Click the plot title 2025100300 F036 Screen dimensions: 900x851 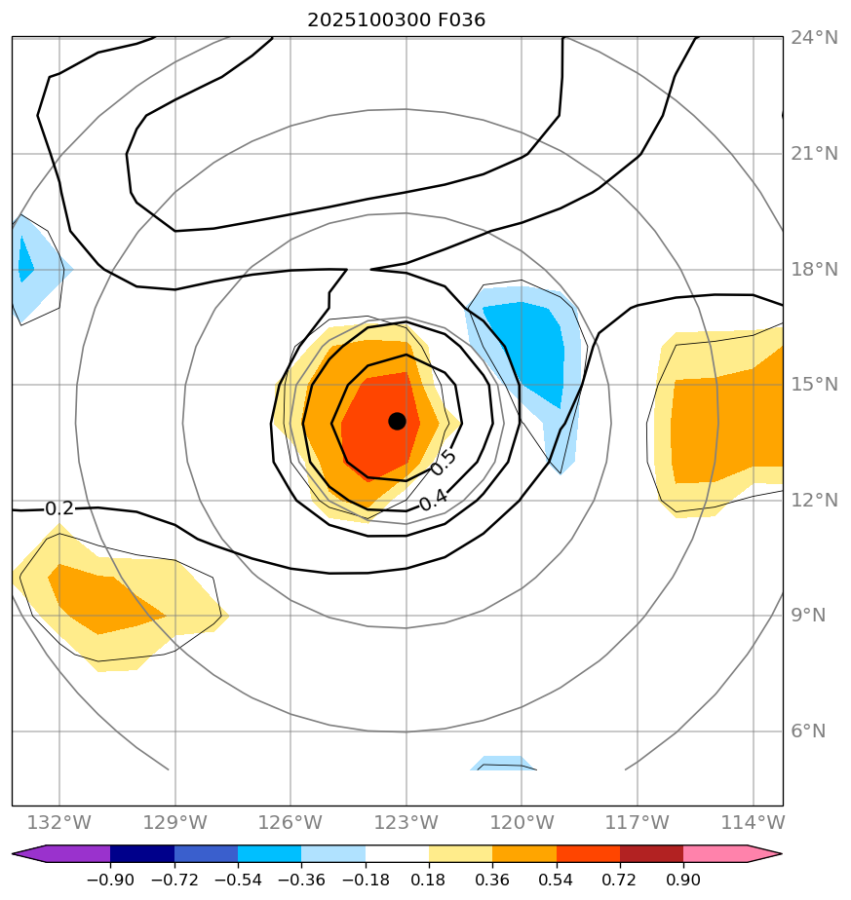click(x=396, y=19)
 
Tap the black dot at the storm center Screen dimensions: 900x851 click(x=397, y=421)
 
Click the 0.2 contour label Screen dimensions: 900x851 click(x=59, y=508)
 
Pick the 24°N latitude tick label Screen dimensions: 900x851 click(x=813, y=38)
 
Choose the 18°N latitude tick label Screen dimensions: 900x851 click(x=813, y=269)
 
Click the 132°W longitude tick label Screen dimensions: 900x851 click(x=60, y=823)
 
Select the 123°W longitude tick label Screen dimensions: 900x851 click(x=406, y=823)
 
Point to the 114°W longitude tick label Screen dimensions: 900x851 click(x=753, y=823)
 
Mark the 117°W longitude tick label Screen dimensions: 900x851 click(x=637, y=823)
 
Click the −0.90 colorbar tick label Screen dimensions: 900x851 click(x=110, y=880)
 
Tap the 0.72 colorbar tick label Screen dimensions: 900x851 click(x=620, y=880)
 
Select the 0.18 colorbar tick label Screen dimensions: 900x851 click(x=429, y=880)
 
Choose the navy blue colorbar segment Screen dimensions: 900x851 click(x=142, y=854)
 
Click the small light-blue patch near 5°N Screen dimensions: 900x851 click(x=502, y=763)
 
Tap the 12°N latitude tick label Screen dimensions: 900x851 click(x=813, y=500)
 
